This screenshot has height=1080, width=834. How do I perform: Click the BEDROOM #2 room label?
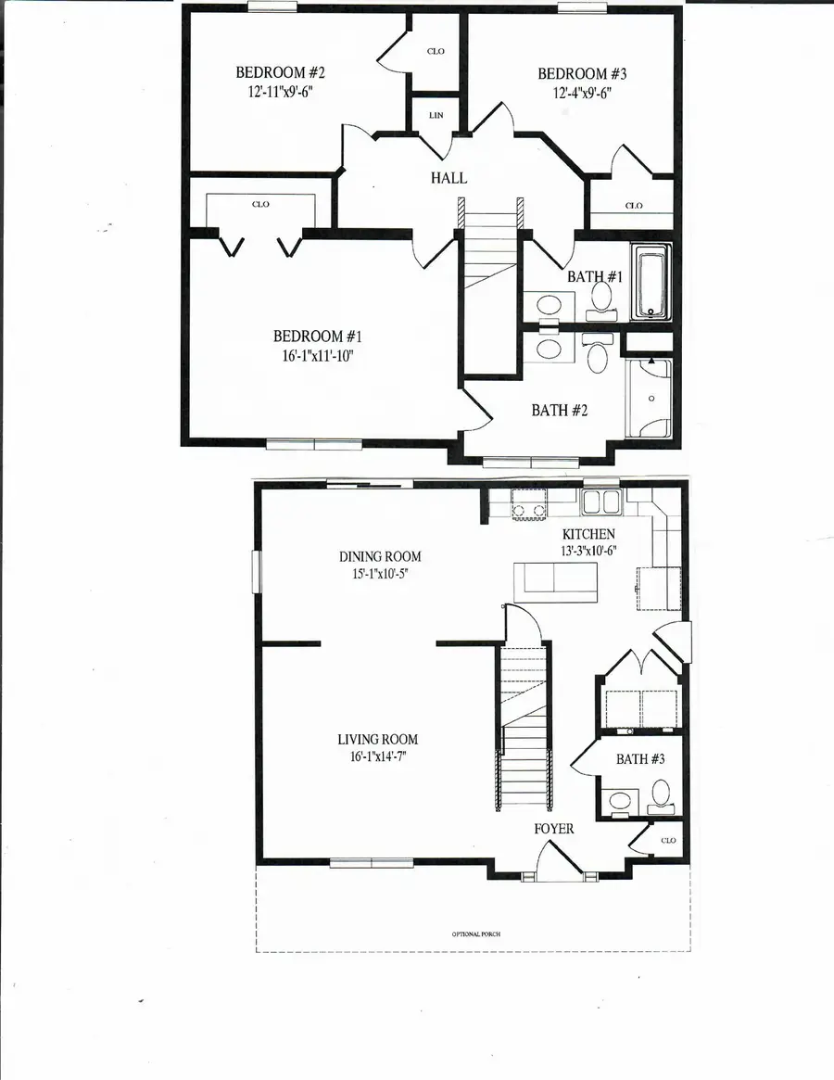point(279,72)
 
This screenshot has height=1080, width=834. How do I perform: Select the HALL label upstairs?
point(448,178)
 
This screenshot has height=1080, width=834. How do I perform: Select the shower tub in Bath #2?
point(649,399)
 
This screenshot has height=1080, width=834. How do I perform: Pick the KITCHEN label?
point(588,534)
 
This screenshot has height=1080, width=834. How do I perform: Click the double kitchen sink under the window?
point(600,502)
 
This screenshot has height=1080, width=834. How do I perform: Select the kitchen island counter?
point(556,580)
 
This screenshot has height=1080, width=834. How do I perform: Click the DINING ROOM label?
point(380,556)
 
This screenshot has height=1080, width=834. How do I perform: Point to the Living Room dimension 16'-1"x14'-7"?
point(377,757)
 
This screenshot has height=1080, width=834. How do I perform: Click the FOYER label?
point(554,828)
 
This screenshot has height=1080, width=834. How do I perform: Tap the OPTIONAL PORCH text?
point(475,934)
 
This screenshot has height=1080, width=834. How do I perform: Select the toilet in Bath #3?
point(660,794)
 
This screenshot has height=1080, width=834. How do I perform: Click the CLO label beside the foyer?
point(669,840)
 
